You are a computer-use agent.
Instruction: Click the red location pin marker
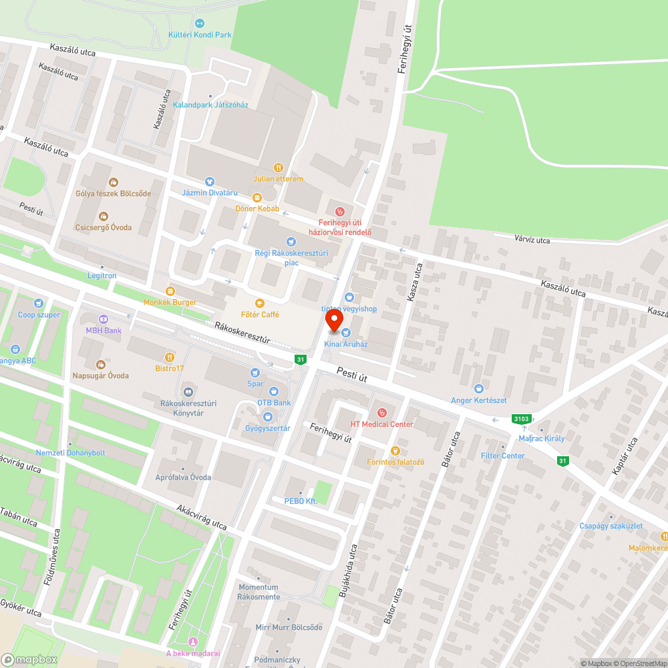(334, 321)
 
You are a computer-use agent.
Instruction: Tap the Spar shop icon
(255, 373)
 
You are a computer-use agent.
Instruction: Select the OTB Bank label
(274, 403)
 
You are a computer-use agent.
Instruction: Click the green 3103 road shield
(521, 419)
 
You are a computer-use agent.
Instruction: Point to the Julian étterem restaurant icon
(279, 168)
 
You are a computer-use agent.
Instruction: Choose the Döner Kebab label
(257, 209)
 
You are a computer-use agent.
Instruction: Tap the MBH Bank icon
(104, 319)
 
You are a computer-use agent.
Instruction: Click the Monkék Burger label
(170, 302)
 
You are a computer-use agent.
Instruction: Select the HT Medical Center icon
(382, 412)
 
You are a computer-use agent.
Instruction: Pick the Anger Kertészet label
(479, 400)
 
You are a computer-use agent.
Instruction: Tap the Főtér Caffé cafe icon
(260, 303)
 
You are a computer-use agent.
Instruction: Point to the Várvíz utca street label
(532, 240)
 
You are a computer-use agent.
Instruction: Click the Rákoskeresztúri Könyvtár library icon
(188, 392)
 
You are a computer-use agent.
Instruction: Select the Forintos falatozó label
(395, 462)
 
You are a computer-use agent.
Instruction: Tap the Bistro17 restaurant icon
(169, 357)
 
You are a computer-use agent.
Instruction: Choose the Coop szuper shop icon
(39, 303)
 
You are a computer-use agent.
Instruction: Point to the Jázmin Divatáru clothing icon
(210, 181)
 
